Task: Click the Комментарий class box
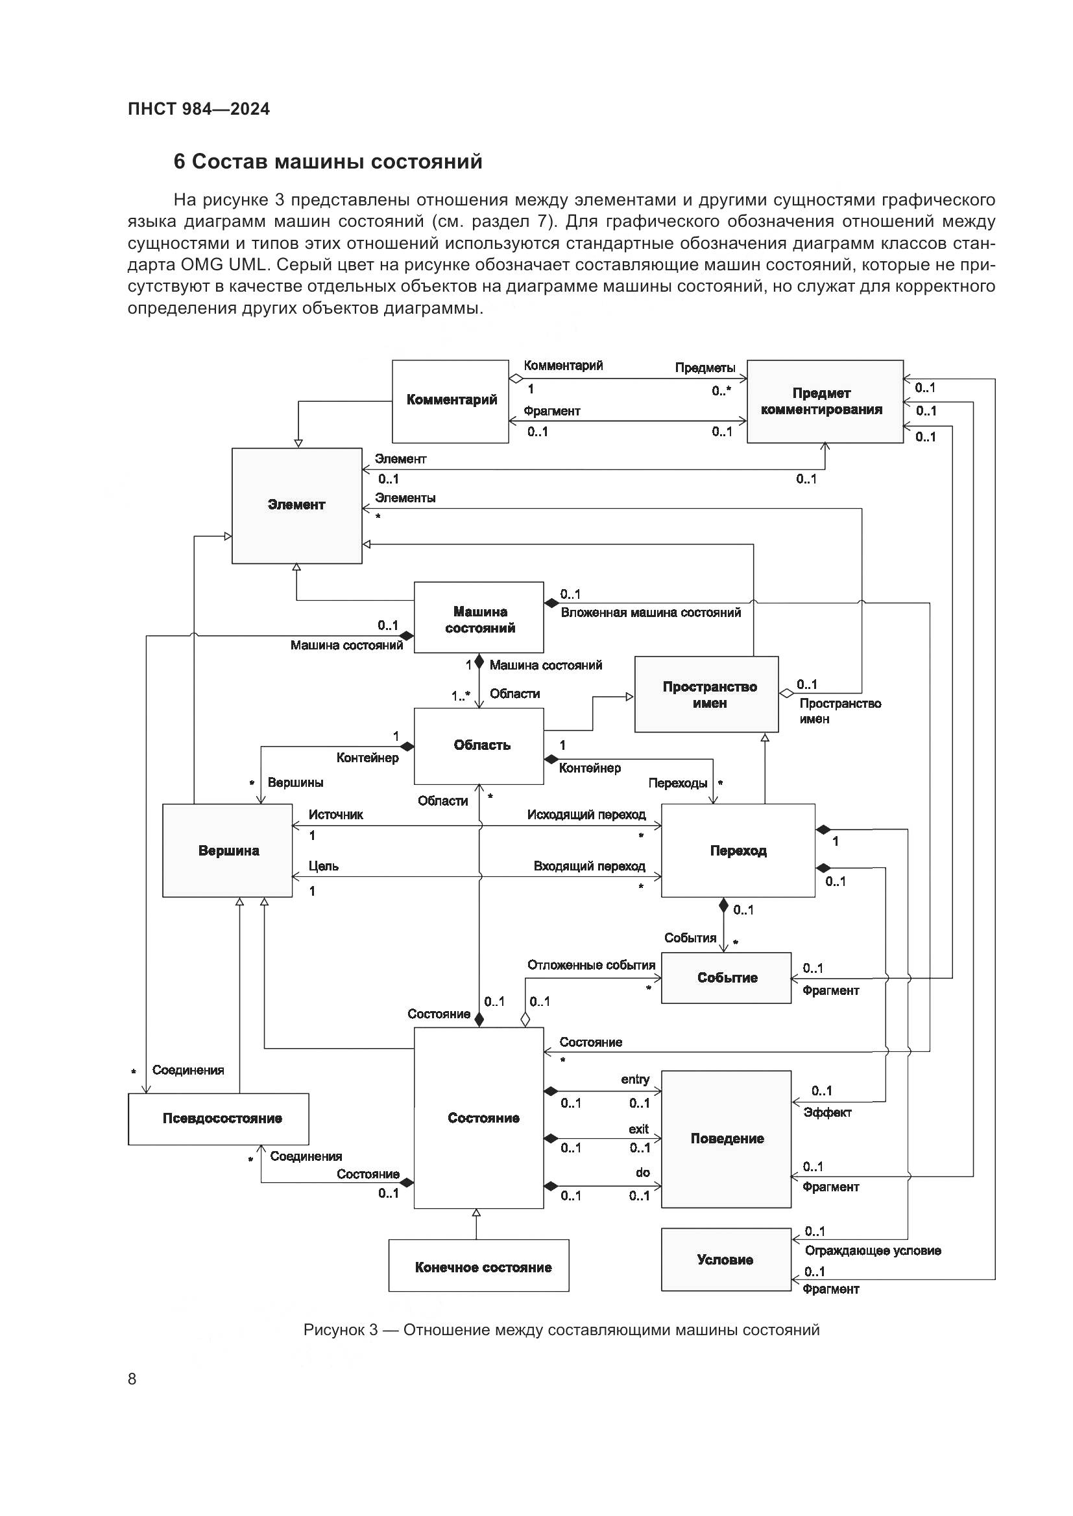pos(451,401)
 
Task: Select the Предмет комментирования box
pos(824,401)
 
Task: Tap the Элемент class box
pos(296,505)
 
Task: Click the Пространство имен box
pos(706,694)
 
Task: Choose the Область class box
pos(479,746)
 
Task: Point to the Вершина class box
pos(227,850)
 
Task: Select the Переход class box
pos(738,850)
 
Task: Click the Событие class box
pos(726,978)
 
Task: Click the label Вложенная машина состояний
pos(651,612)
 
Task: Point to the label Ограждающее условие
pos(872,1250)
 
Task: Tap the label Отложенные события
pos(591,965)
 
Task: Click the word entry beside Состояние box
pos(635,1079)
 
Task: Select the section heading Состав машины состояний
pos(328,162)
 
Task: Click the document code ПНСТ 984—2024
pos(199,109)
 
